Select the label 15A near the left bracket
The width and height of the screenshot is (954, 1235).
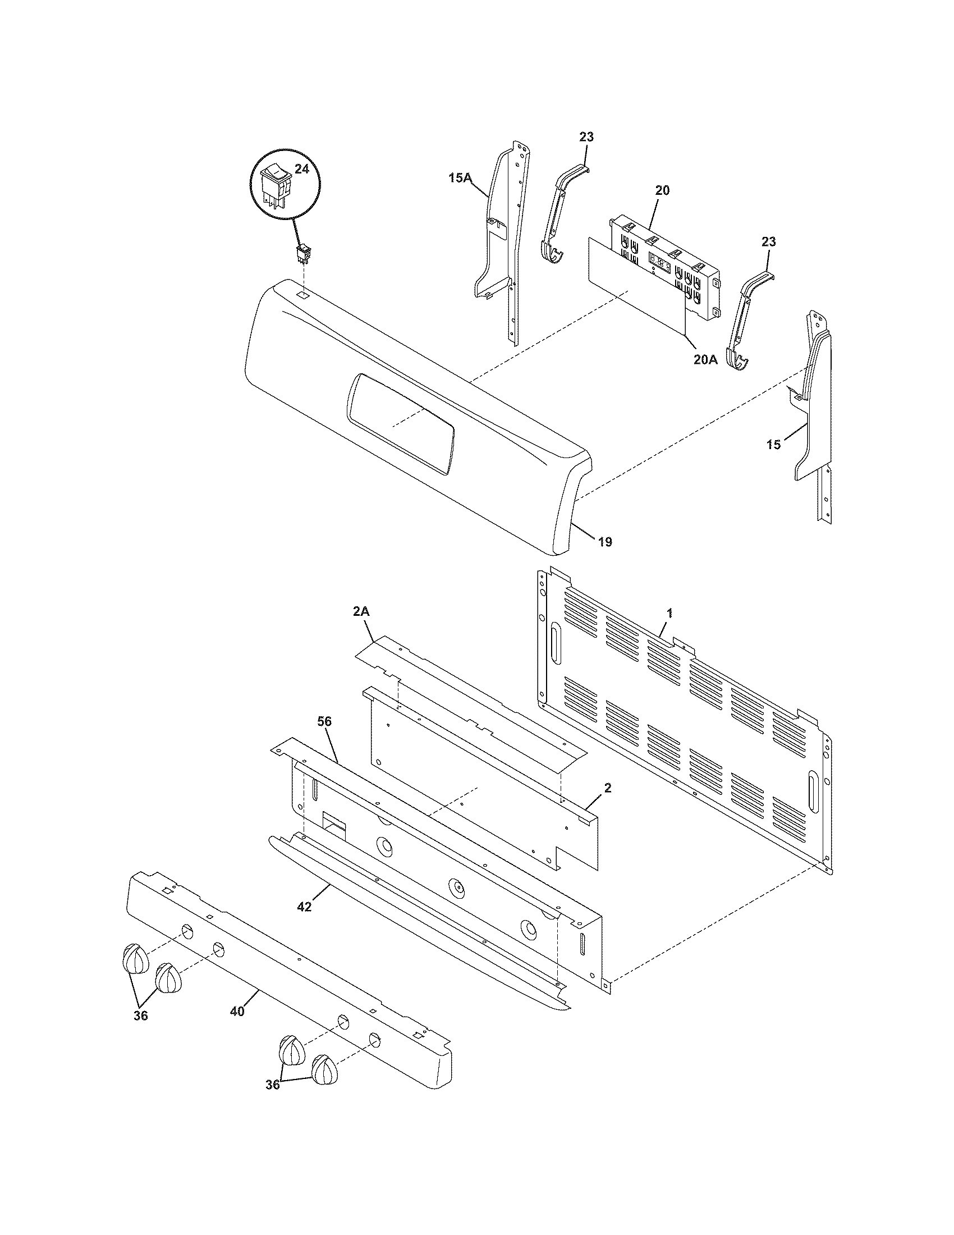point(460,178)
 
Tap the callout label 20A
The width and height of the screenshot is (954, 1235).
point(705,359)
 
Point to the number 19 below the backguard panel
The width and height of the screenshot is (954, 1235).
point(605,542)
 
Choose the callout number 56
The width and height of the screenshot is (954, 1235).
point(324,721)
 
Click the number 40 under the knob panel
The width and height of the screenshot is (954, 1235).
point(237,1012)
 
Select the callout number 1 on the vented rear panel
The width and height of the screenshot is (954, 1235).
point(669,612)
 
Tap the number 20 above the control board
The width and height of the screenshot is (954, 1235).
point(662,190)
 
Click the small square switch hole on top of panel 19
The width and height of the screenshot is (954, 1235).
point(304,295)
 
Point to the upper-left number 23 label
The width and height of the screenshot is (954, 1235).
point(586,137)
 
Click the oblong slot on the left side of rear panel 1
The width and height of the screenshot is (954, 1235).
point(556,644)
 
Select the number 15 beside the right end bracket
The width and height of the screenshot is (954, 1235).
point(773,445)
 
